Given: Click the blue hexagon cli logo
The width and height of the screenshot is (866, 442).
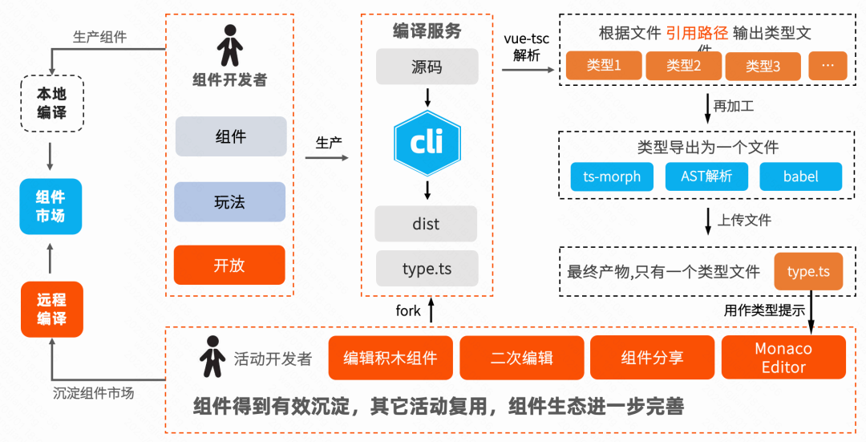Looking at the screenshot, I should pos(427,144).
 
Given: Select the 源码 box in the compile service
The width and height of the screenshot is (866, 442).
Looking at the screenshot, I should pos(427,67).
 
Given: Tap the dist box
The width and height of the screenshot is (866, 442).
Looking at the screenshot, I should pos(427,224).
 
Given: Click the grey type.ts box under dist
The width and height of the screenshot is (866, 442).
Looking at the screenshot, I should pos(427,269).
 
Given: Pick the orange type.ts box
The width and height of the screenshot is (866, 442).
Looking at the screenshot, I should pos(808,272).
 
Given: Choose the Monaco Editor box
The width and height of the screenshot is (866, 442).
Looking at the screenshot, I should pos(783,358).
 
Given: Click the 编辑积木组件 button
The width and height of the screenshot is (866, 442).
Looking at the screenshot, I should pos(391,358).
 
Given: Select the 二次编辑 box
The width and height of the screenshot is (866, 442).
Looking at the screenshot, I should pos(521,358).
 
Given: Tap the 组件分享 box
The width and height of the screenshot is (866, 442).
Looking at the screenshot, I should pos(652,358).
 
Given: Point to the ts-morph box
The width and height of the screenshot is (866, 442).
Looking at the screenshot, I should pos(612,176).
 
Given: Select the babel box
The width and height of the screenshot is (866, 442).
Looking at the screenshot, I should pos(800,176).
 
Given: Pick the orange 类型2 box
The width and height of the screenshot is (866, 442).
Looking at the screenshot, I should pos(683,66).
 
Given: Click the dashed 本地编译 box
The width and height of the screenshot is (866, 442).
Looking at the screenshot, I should pos(51,103).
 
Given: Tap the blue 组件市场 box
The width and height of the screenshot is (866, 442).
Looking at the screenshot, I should pos(51,206).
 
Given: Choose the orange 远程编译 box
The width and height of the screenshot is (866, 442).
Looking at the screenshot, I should pos(51,309).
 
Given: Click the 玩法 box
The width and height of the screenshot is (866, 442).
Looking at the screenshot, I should pos(230,202).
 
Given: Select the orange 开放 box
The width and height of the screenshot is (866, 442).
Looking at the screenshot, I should pos(230,265).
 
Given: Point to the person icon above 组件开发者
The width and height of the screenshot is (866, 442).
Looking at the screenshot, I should pos(230,46).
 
